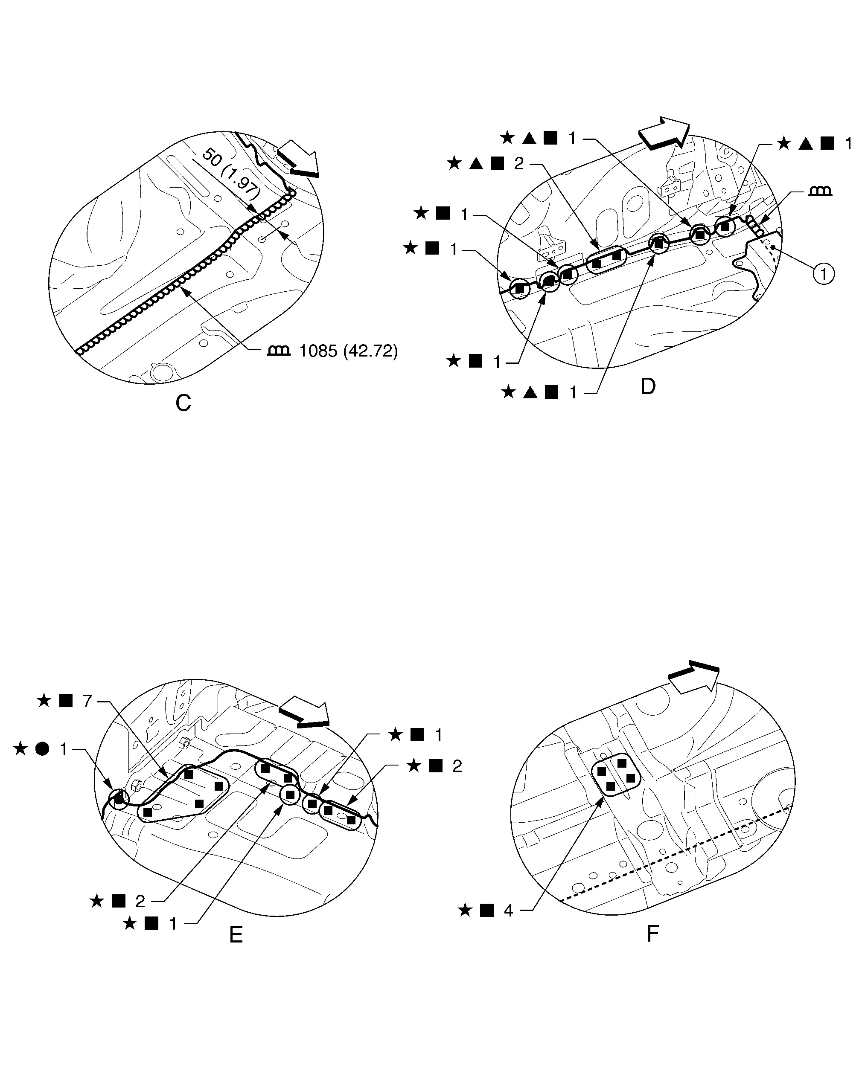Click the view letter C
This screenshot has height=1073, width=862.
pos(183,403)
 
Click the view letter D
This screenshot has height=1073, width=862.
pos(648,386)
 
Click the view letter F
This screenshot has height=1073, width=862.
pos(652,934)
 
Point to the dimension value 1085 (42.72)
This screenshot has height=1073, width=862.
pos(348,351)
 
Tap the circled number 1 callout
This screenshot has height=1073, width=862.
pos(824,274)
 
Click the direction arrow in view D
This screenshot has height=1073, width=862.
pos(664,133)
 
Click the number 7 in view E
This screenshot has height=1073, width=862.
pos(87,701)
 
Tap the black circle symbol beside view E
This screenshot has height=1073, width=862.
pos(42,748)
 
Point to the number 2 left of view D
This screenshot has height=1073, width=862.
pos(519,164)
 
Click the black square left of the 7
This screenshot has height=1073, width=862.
pos(66,701)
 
